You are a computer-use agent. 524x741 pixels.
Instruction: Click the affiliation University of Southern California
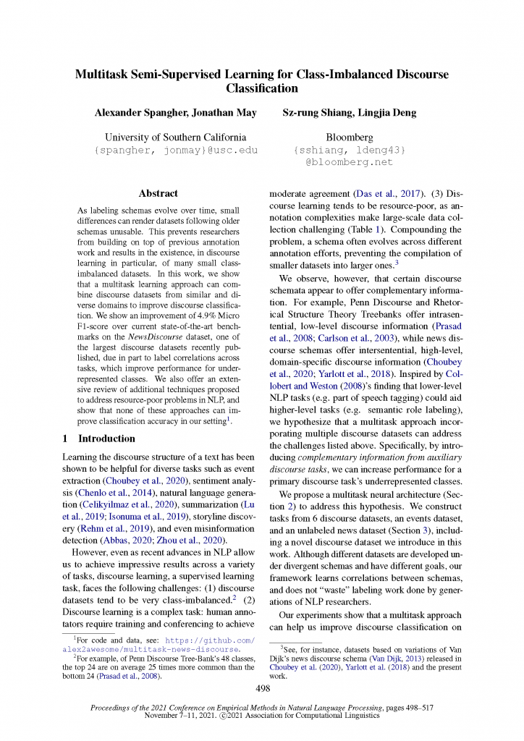pos(175,137)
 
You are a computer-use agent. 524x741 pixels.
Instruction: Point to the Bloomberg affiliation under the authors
pos(350,137)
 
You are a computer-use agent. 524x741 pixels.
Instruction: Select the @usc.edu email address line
pos(176,150)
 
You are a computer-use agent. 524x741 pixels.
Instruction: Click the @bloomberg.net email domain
pos(350,162)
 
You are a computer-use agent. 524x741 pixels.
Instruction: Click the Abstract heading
pos(158,193)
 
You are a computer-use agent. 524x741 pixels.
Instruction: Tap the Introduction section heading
pos(106,439)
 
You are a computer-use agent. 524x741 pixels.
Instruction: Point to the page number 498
pos(262,688)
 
